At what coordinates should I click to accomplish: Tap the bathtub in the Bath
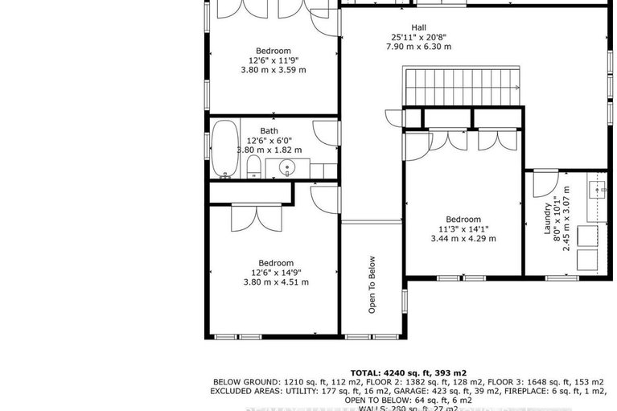tap(224, 149)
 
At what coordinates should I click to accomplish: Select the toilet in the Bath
tap(253, 166)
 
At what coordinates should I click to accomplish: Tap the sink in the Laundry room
tap(596, 190)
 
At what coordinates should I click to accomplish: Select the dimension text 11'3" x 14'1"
tap(463, 228)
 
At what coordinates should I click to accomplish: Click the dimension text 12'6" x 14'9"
tap(275, 272)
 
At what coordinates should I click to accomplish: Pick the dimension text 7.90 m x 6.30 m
tap(418, 47)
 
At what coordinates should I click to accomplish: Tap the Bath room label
tap(269, 131)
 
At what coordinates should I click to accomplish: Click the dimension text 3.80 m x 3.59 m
tap(274, 70)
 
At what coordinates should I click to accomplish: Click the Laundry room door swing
tap(540, 185)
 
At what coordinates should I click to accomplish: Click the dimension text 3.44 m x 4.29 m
tap(463, 238)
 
